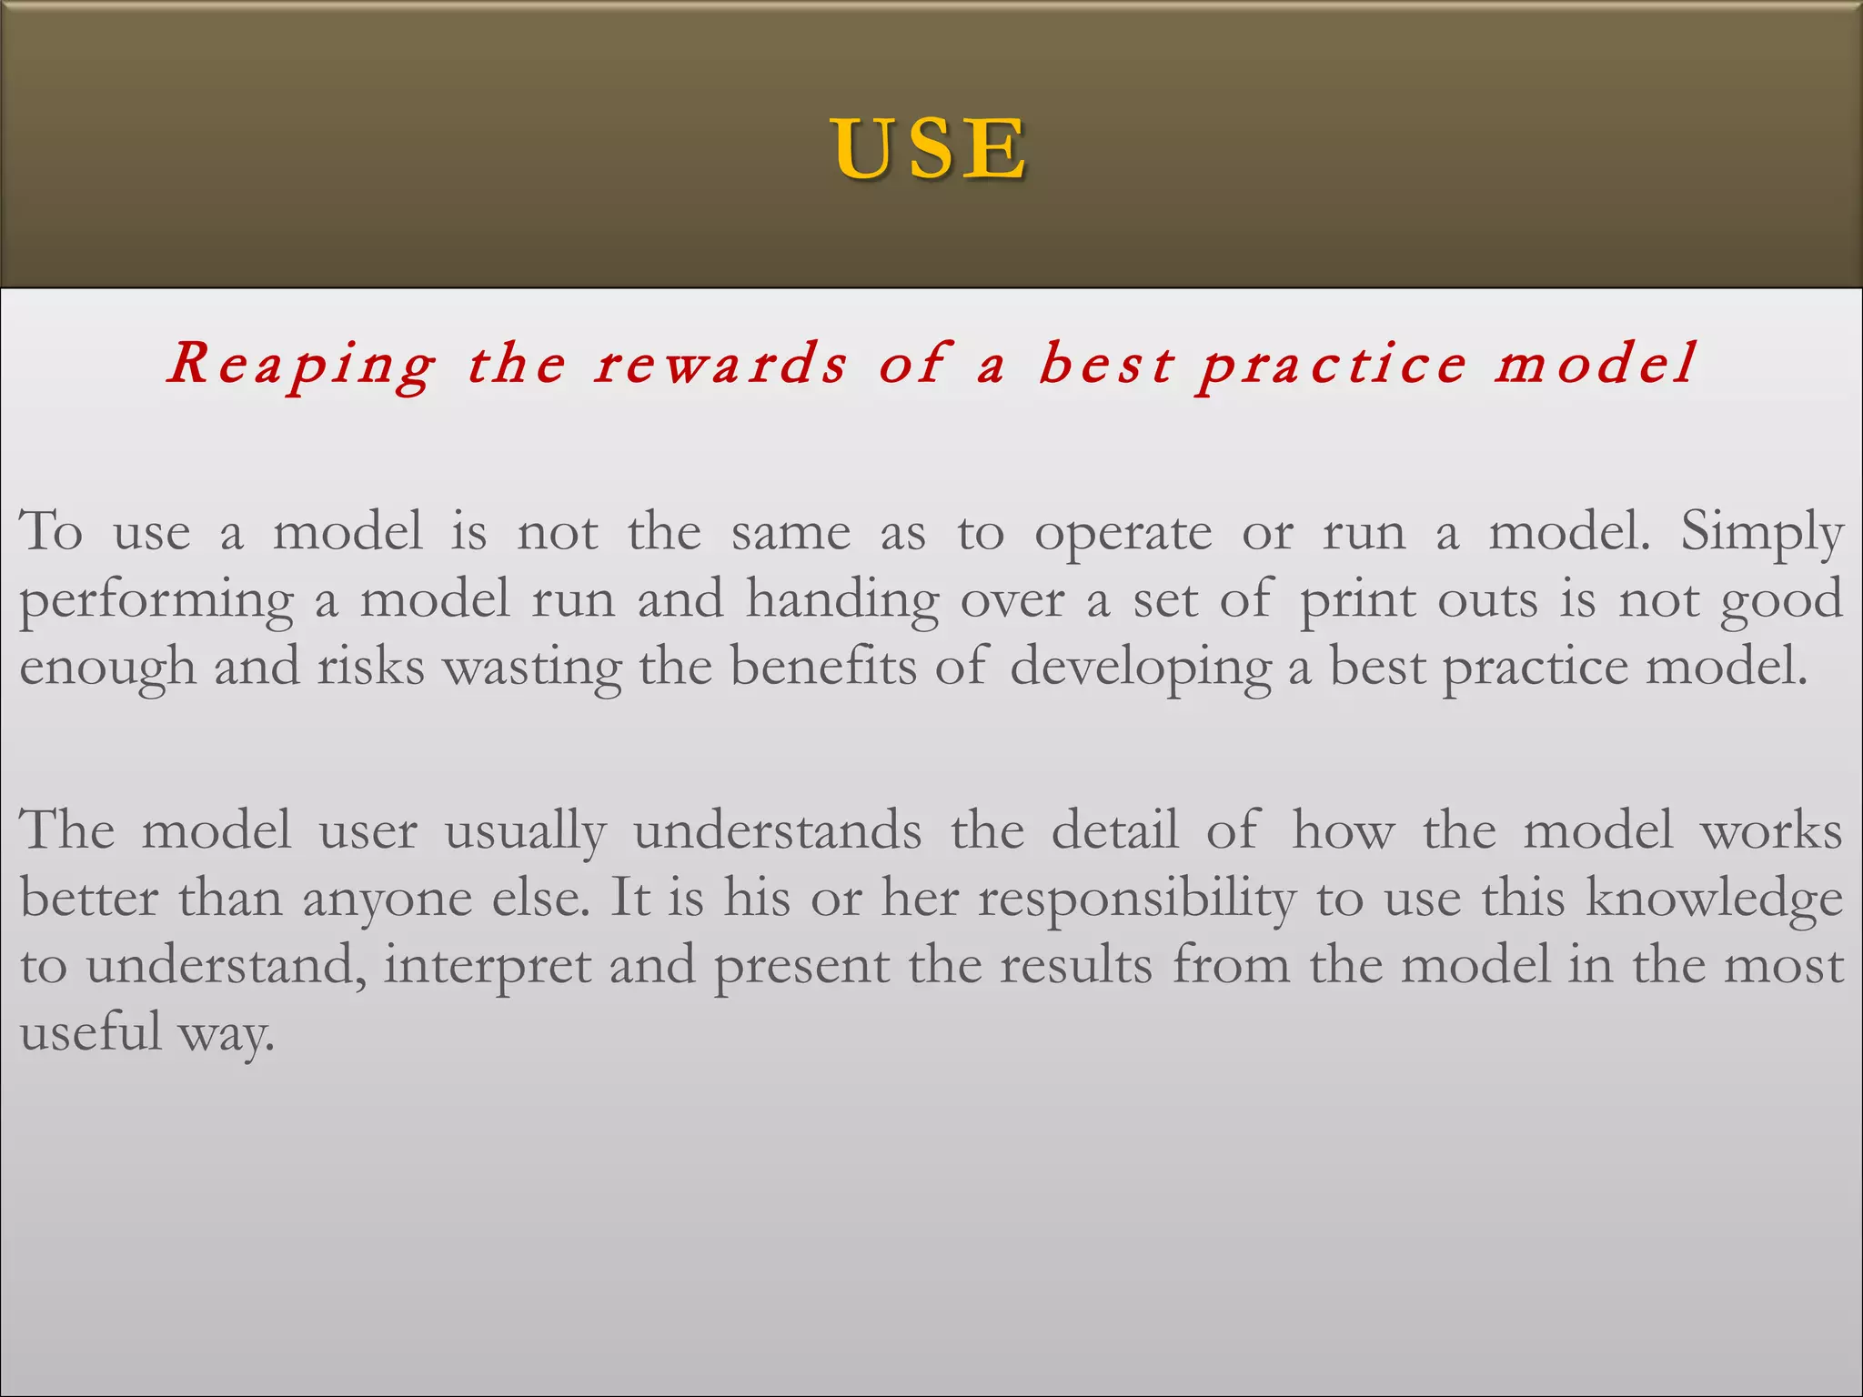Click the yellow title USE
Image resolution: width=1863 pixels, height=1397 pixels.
tap(930, 149)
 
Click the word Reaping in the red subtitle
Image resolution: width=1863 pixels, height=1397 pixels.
tap(301, 364)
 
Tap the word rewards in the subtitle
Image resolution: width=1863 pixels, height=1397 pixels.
tap(720, 364)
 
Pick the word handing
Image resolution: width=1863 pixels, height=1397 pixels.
tap(842, 600)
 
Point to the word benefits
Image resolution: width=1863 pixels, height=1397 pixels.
tap(823, 667)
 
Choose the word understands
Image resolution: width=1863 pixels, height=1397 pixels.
tap(777, 830)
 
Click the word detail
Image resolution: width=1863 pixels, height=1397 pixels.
tap(1114, 830)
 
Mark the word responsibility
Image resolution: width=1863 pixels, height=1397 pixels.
tap(1136, 900)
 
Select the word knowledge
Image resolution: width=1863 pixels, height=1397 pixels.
tap(1714, 900)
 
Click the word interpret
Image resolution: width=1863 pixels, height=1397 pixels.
tap(487, 967)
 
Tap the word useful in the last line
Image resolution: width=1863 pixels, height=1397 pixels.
tap(90, 1032)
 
